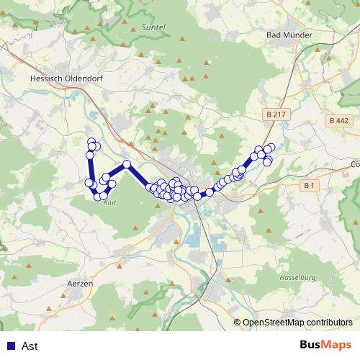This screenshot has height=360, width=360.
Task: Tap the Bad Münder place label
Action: pyautogui.click(x=288, y=34)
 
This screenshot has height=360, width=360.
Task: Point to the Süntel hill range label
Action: pyautogui.click(x=154, y=27)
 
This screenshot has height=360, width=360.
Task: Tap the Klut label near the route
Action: pyautogui.click(x=110, y=203)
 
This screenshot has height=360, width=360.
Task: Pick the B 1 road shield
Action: pyautogui.click(x=310, y=185)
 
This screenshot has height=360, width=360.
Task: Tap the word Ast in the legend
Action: pyautogui.click(x=30, y=346)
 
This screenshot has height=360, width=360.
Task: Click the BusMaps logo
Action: pyautogui.click(x=325, y=346)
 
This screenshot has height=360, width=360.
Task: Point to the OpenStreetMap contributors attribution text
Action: pyautogui.click(x=297, y=323)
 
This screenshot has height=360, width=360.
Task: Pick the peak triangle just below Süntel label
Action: pyautogui.click(x=182, y=38)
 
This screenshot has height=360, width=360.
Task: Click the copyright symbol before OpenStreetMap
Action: pyautogui.click(x=238, y=323)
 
